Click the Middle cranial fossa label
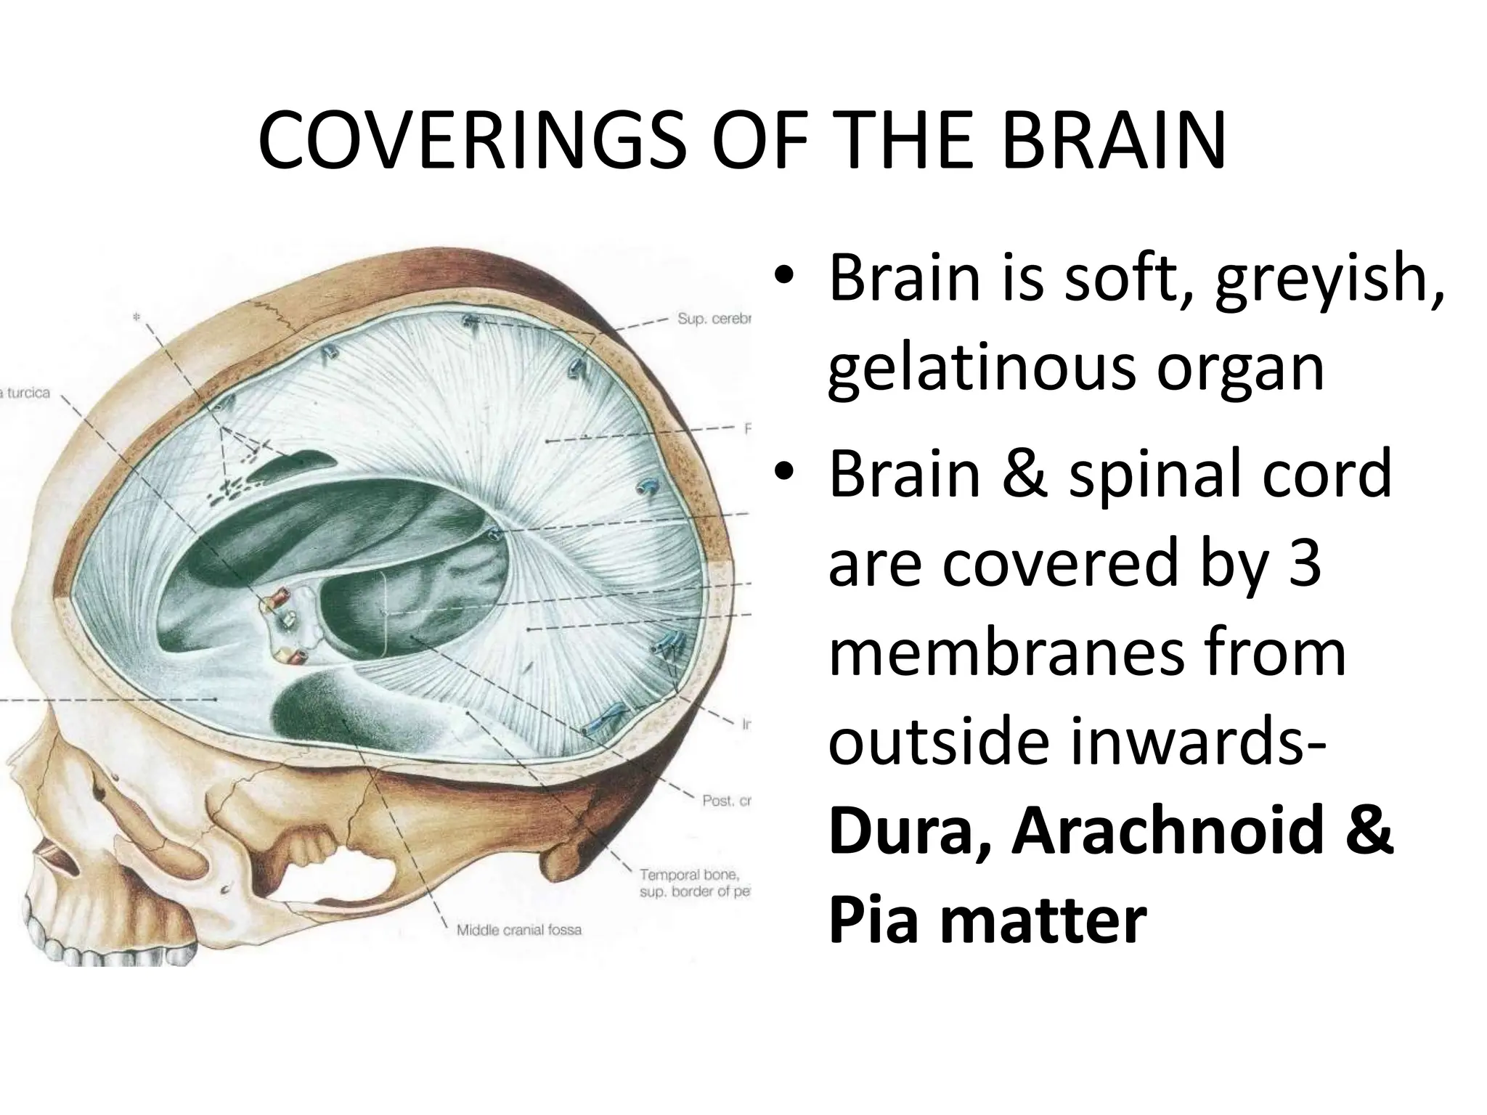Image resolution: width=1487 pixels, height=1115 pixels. tap(518, 930)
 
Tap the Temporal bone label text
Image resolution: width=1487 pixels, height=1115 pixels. tap(688, 875)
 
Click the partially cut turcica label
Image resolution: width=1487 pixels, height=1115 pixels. tap(26, 393)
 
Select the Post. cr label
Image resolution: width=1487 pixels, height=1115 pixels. tap(725, 801)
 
